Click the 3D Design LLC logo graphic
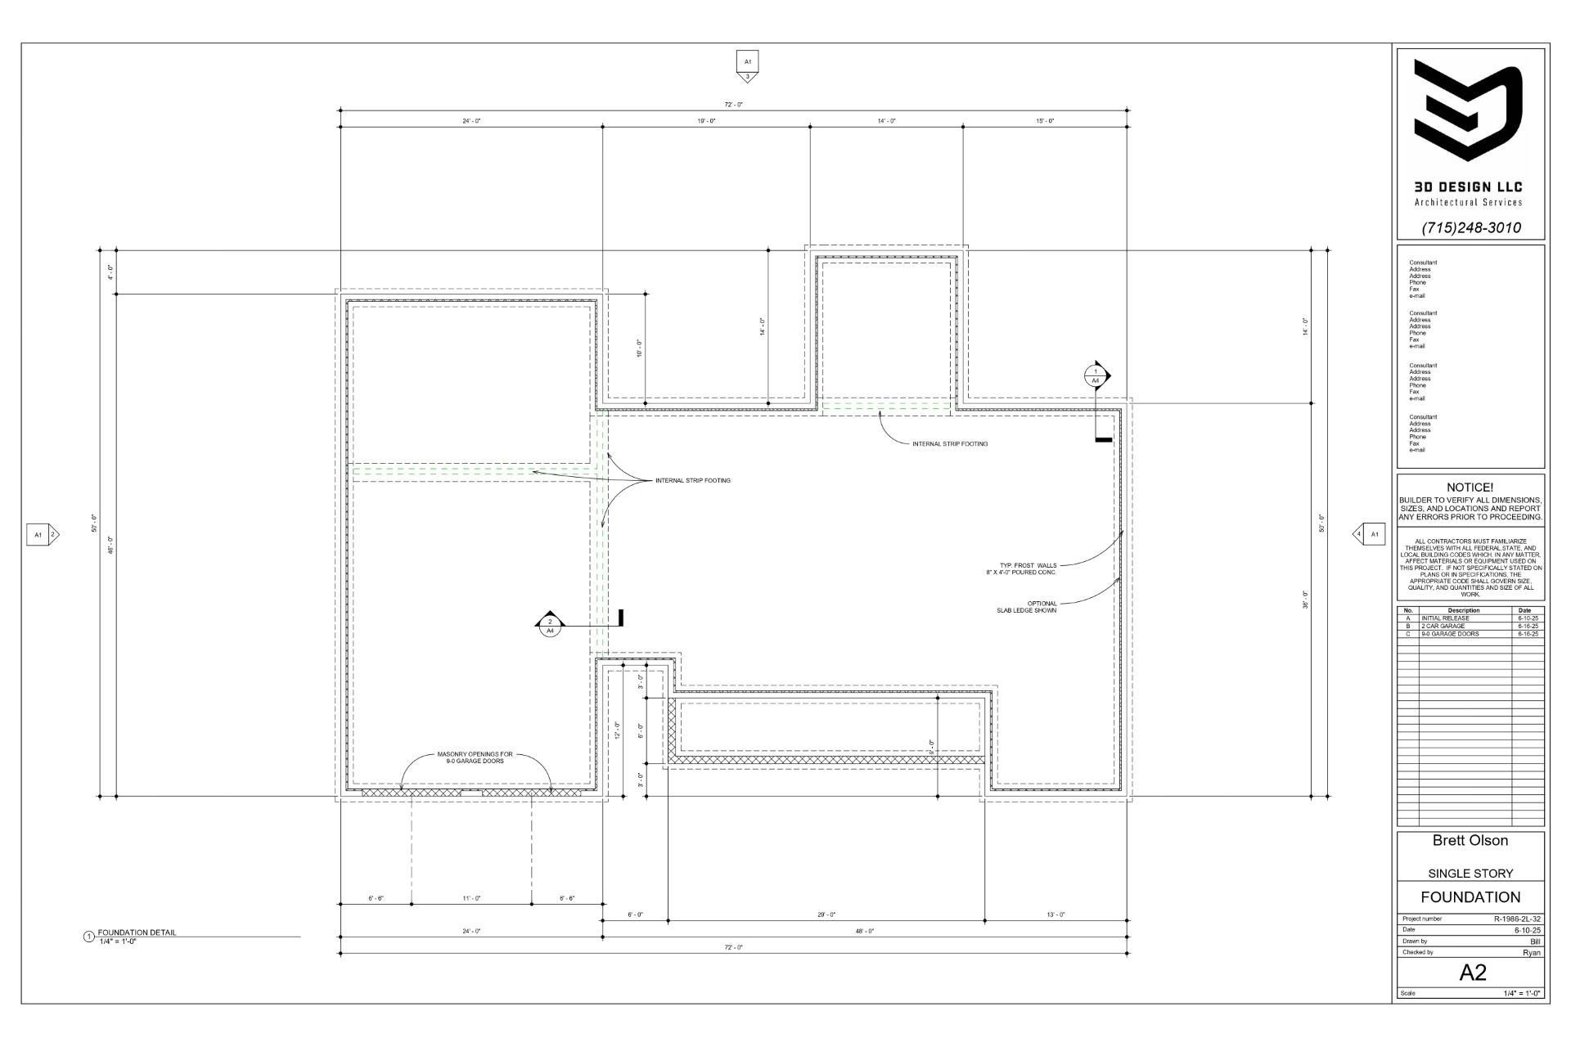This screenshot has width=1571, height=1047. click(1470, 110)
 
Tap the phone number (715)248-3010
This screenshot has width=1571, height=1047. click(1470, 227)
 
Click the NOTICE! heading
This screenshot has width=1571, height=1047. click(1470, 488)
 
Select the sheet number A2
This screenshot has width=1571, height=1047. click(1472, 972)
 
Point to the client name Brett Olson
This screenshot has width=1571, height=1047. click(1470, 840)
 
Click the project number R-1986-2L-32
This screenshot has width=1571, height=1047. click(1517, 919)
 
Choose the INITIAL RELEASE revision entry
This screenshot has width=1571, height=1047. click(1445, 618)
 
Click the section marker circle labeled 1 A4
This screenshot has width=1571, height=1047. click(1096, 376)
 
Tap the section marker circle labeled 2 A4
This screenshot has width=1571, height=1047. click(550, 627)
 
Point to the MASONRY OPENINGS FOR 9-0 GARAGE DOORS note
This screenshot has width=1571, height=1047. click(475, 757)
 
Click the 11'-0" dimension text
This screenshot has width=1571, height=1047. click(471, 898)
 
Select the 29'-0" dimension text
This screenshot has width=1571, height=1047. click(826, 914)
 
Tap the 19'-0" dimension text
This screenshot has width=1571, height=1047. click(706, 121)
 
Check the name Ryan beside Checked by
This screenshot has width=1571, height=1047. click(1531, 952)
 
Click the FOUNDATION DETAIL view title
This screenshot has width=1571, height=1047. click(137, 932)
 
